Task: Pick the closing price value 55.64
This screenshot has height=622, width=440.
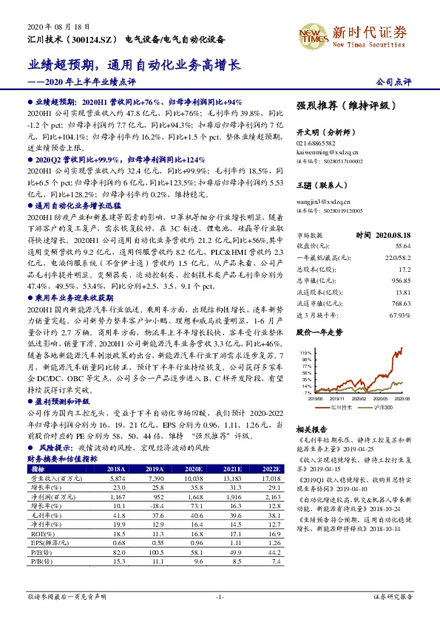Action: click(x=403, y=245)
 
